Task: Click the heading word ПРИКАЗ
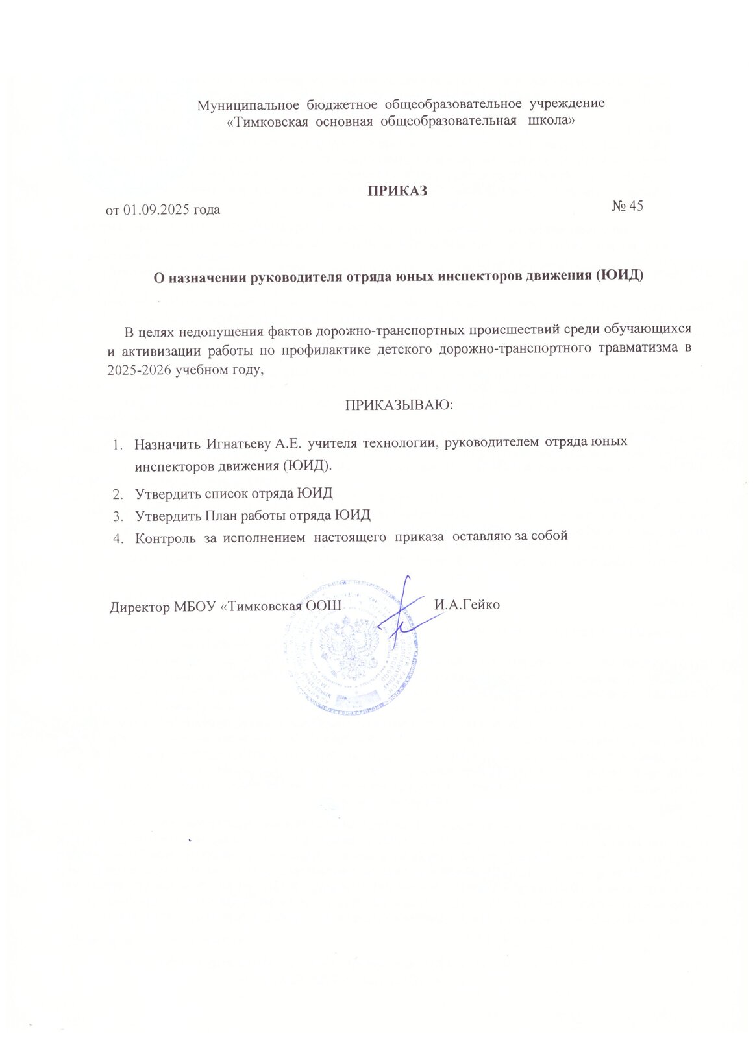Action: tap(397, 191)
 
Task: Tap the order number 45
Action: tap(635, 206)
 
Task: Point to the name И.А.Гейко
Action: tap(467, 605)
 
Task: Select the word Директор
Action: tap(140, 607)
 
